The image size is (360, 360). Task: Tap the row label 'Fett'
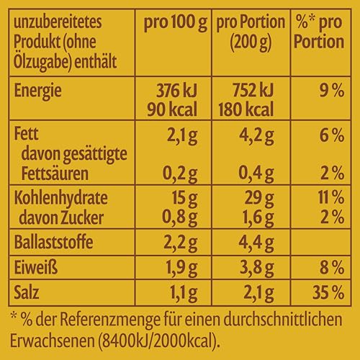(x=27, y=134)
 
